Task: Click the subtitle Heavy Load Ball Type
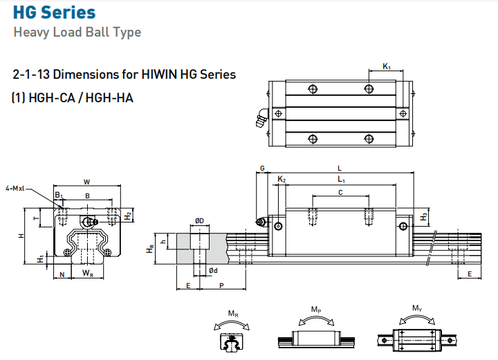coord(77,32)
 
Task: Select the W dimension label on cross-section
coord(86,182)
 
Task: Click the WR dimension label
coord(87,274)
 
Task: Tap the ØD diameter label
coord(199,220)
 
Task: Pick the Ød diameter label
coord(213,271)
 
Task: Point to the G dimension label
coord(262,168)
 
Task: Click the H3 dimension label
coord(423,217)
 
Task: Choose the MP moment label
coord(315,309)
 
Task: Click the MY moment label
coord(417,308)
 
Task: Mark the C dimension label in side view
coord(340,193)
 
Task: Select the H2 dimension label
coord(128,215)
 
